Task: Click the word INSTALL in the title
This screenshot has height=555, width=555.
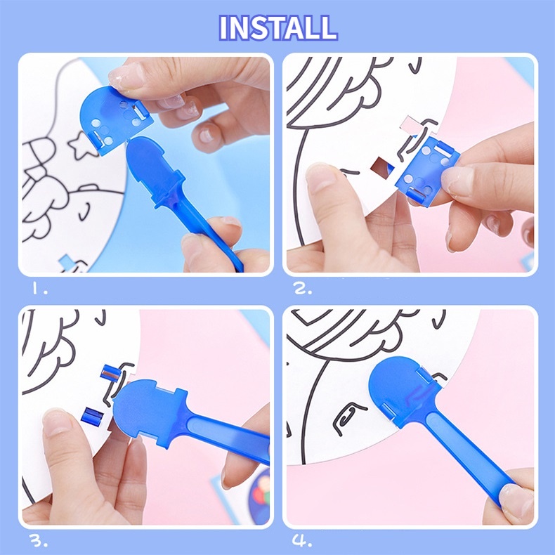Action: point(278,27)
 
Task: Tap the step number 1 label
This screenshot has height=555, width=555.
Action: point(39,289)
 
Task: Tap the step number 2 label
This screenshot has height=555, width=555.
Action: point(303,289)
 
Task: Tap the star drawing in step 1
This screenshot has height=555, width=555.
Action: point(82,145)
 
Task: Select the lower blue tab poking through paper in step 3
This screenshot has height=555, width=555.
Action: point(92,415)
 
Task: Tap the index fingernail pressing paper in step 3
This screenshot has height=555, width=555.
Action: point(56,423)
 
